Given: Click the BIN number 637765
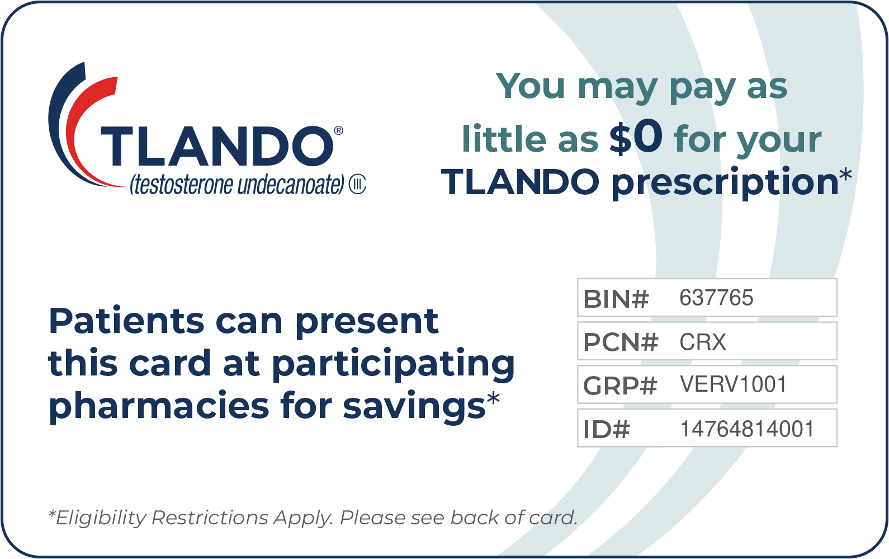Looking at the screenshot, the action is (716, 298).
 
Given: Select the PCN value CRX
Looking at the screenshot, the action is (702, 342).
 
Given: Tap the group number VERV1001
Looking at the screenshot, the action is (733, 384).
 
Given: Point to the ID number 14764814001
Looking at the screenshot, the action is (748, 429).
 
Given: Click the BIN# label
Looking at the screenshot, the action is (616, 299).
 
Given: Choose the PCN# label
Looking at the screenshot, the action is (621, 342).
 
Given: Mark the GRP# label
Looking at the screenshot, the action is (620, 386).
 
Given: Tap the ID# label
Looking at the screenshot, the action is (607, 430).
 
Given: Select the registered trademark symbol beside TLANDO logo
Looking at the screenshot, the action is (338, 131).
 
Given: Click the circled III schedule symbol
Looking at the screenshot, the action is (357, 185).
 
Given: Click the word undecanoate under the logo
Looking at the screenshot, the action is (291, 186).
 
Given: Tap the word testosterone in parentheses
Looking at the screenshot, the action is (184, 186).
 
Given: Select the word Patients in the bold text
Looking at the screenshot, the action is (126, 321).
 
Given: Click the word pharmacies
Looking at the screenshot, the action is (159, 406).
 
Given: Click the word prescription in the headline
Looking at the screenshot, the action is (725, 182).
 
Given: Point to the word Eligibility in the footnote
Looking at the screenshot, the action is (101, 518).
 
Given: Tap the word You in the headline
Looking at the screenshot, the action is (530, 86).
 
